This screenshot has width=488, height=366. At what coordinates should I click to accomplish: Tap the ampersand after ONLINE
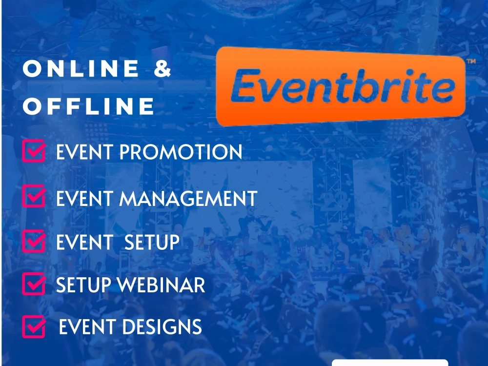coord(163,69)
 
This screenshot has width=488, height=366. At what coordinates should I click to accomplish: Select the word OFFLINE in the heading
coord(88,106)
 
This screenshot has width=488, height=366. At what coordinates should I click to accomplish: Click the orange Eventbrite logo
coord(340,86)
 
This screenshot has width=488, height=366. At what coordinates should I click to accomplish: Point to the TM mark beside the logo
coord(471,62)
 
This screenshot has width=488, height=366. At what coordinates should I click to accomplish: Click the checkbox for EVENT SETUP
coord(34,241)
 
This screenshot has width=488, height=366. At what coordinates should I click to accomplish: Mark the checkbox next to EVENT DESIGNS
coord(34,326)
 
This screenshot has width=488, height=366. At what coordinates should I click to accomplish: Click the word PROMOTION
coord(181,153)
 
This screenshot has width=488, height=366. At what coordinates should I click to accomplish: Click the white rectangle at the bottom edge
coord(389,363)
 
